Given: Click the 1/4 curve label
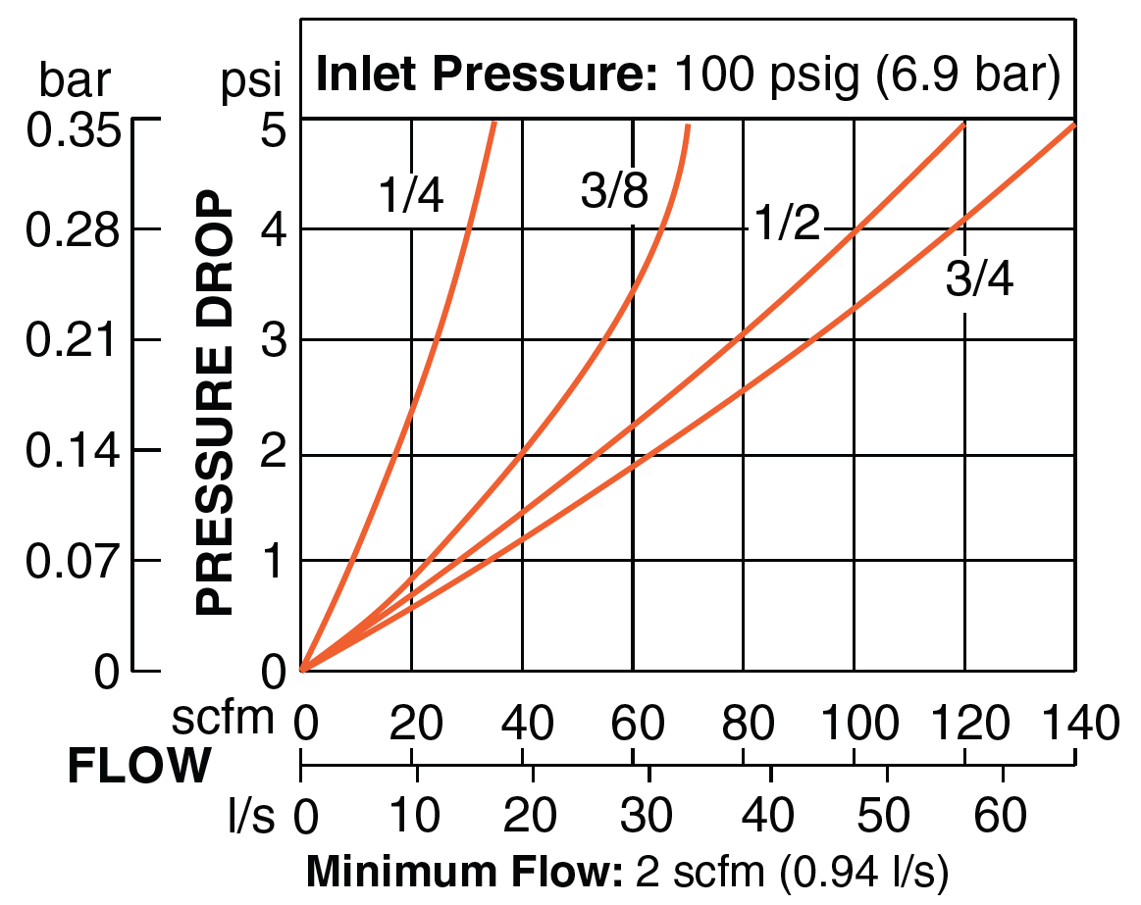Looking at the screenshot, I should pyautogui.click(x=412, y=196).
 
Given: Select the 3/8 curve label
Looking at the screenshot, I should pyautogui.click(x=614, y=192).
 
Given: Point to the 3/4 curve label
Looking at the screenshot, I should pyautogui.click(x=979, y=280).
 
